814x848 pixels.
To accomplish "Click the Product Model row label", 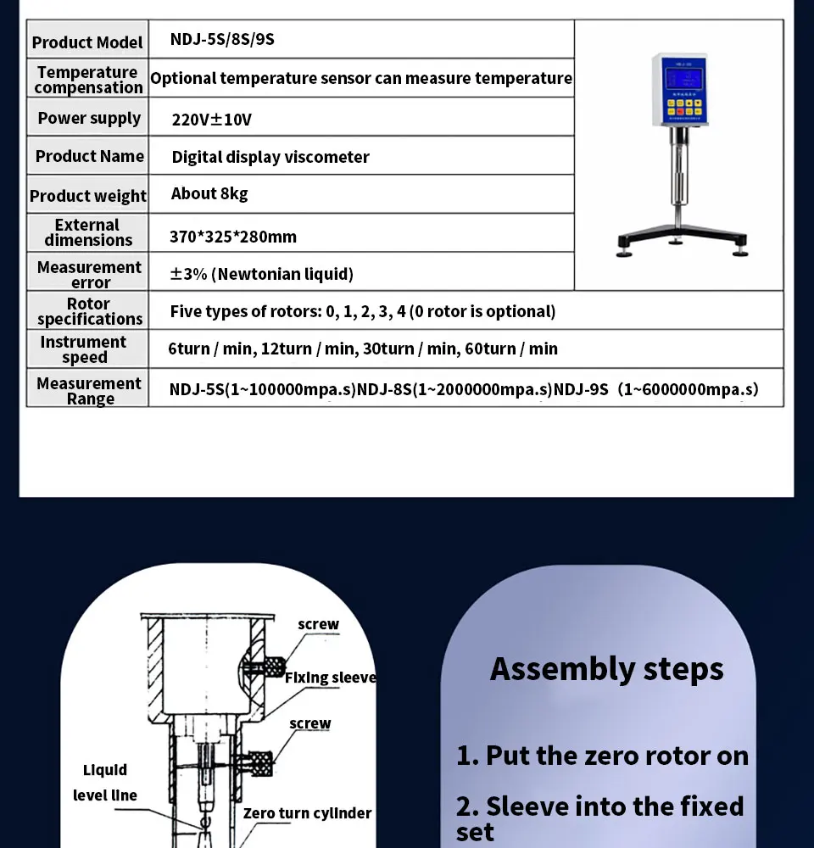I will pos(87,42).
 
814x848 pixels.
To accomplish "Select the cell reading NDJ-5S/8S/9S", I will pos(223,39).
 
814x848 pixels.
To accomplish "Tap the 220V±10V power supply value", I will pos(212,120).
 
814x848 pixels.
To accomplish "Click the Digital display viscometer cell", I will pos(270,157).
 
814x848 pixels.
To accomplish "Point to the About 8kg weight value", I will pos(209,194).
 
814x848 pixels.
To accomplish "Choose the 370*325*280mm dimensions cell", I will pos(233,237).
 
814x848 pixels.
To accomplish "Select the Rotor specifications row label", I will pos(89,311).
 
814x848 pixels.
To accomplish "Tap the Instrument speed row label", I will pos(83,349).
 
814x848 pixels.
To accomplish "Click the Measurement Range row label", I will pos(89,391).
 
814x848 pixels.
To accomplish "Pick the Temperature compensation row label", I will pos(88,80).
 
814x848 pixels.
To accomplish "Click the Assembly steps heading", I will pos(607,669).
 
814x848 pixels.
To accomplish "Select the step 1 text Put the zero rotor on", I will pos(603,756).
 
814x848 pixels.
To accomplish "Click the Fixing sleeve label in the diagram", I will pos(330,678).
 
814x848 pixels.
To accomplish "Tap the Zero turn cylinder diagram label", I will pos(307,813).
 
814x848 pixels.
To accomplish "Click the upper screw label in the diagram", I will pos(318,625).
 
